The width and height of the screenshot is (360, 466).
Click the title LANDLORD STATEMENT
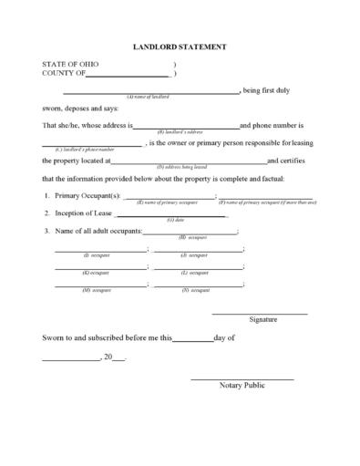pos(180,45)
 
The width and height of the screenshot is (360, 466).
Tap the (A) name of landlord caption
pos(147,96)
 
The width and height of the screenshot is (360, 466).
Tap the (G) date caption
pos(176,220)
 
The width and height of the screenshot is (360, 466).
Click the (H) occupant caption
pos(195,237)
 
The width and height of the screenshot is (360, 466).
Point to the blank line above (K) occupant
pos(99,266)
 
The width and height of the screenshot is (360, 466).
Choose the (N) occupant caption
pos(195,290)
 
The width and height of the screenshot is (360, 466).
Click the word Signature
pos(262,320)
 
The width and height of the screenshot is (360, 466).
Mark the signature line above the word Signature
pos(260,313)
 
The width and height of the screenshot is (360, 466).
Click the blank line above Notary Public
pos(242,378)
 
